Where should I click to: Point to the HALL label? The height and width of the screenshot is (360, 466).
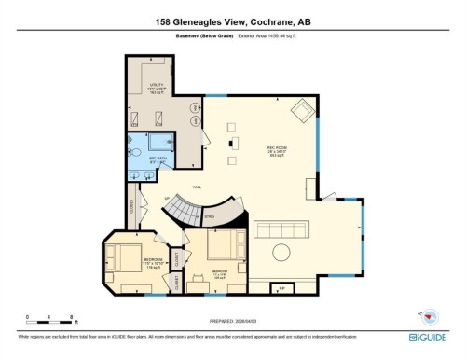pos(197,187)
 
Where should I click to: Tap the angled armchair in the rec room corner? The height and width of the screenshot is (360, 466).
pos(303,114)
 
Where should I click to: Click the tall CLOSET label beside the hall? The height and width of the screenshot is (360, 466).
pos(130,213)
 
